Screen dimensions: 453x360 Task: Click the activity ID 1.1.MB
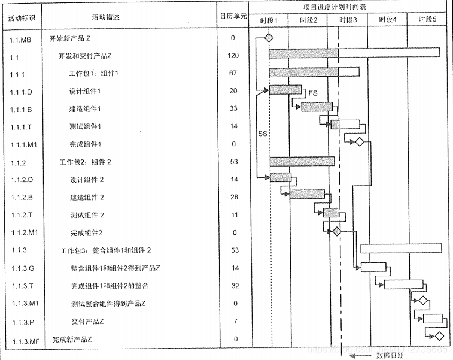(20, 40)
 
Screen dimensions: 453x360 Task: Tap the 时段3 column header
(348, 20)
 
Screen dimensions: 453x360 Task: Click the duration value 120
(233, 56)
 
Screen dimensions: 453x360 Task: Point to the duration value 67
(233, 73)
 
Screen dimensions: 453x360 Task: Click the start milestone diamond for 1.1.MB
(269, 38)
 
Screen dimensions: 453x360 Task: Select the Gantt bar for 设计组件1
(285, 90)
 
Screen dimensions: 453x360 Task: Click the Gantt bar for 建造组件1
(317, 107)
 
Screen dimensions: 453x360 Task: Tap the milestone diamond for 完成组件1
(359, 142)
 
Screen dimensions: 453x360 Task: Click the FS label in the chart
(313, 93)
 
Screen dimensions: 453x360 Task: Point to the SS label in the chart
(262, 134)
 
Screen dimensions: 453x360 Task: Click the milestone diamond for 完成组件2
(337, 231)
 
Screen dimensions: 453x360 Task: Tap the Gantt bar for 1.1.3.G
(374, 267)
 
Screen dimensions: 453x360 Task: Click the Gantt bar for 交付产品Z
(432, 319)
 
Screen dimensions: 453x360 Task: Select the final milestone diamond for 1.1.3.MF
(440, 336)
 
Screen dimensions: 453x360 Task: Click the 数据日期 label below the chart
(389, 355)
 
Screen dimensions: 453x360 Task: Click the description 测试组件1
(85, 126)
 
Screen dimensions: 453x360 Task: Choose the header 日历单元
(233, 17)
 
